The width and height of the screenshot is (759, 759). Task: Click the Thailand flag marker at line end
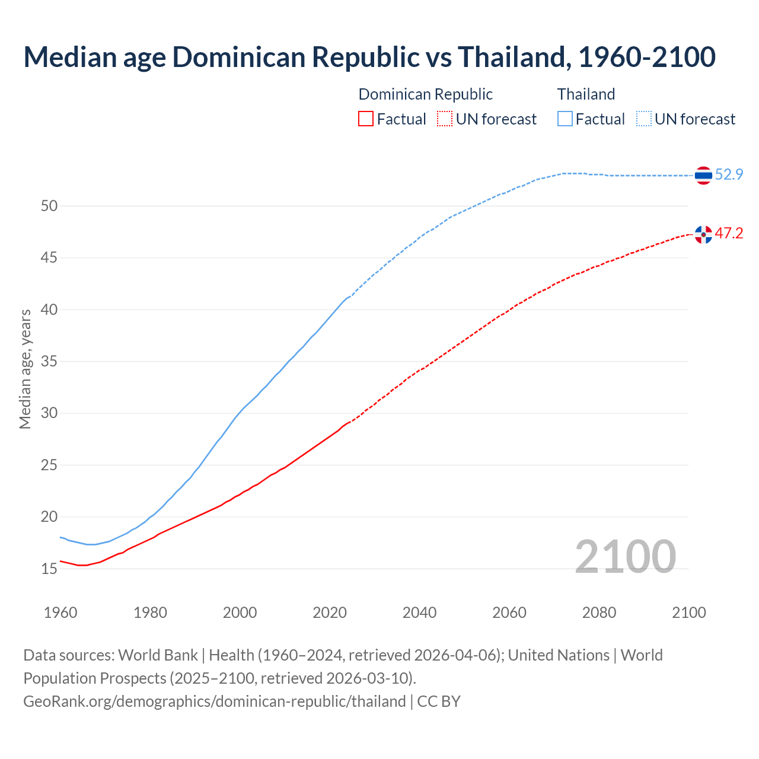click(703, 176)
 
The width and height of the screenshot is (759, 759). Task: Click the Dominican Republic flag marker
click(703, 235)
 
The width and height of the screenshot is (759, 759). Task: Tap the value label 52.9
click(729, 175)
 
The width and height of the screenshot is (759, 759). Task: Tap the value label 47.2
click(729, 234)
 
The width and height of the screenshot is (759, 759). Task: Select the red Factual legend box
click(366, 119)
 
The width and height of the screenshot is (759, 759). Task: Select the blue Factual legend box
click(565, 119)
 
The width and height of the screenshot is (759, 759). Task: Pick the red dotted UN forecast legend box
click(445, 119)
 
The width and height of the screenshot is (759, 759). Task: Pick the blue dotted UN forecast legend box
click(644, 119)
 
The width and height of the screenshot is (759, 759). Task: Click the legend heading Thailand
click(586, 94)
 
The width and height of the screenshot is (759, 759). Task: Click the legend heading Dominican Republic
click(425, 94)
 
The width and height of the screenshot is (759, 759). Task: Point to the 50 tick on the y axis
click(49, 206)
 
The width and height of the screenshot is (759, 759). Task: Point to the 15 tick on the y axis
click(49, 569)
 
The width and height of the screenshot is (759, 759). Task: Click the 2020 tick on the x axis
click(330, 613)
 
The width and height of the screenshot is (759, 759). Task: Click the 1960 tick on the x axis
click(60, 613)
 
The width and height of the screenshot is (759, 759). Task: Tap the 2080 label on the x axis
click(599, 613)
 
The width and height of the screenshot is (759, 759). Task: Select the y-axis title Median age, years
click(25, 369)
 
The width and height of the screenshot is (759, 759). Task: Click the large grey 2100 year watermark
click(625, 556)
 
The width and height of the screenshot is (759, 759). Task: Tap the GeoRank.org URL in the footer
click(214, 701)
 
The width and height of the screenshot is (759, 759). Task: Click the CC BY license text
click(439, 701)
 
